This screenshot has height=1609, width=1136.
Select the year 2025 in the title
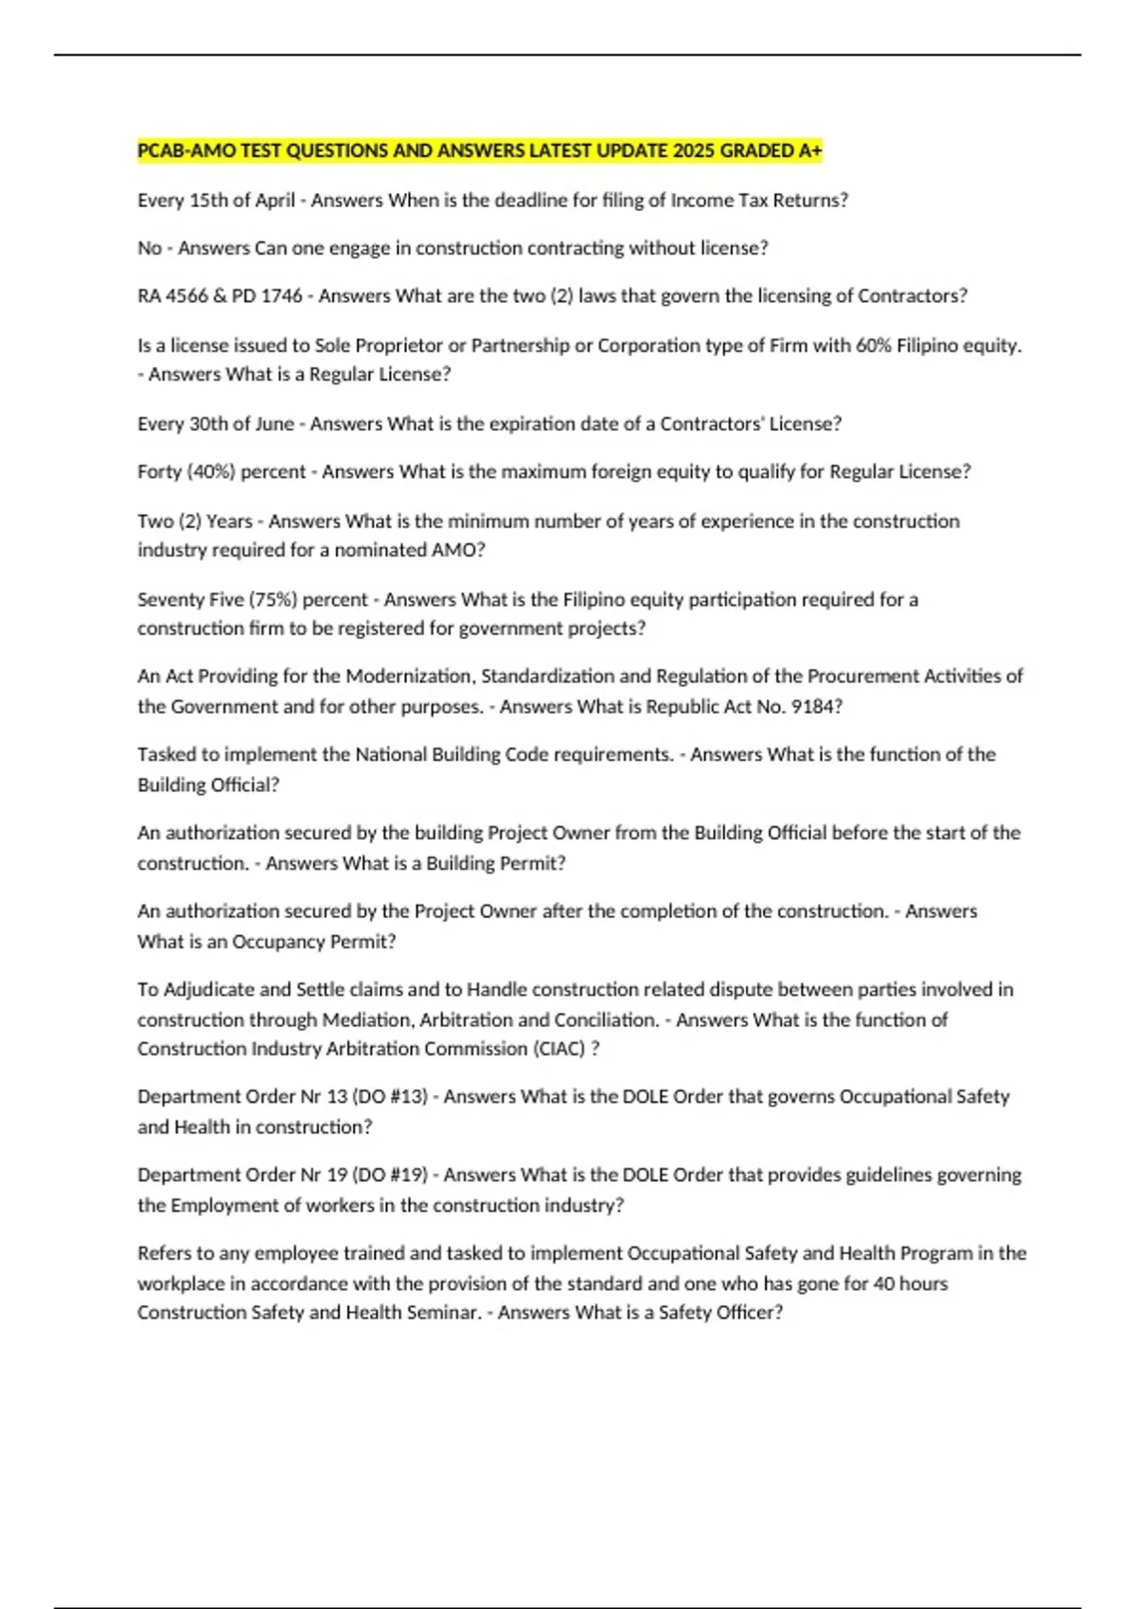(694, 151)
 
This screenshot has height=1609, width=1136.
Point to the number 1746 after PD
(281, 296)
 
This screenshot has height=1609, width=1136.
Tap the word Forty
(159, 472)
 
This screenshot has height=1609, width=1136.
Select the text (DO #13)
(389, 1097)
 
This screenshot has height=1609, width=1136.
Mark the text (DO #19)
(389, 1176)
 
